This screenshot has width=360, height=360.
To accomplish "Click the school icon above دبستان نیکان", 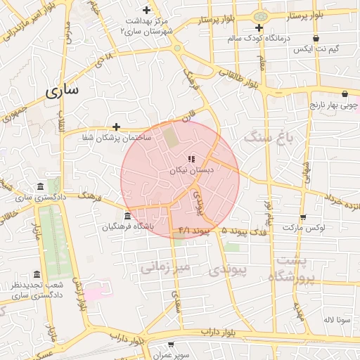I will pos(192,159).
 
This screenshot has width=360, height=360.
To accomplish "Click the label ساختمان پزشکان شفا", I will pos(115,138).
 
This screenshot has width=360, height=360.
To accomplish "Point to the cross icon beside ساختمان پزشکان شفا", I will pos(116,127).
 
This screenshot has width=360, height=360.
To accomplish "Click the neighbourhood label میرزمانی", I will pos(166,267).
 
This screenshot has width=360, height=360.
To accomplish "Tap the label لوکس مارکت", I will pos(302,228).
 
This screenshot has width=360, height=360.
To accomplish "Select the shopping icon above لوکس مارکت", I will pos(303,217).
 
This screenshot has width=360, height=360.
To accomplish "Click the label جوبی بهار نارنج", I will pos(335,105).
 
